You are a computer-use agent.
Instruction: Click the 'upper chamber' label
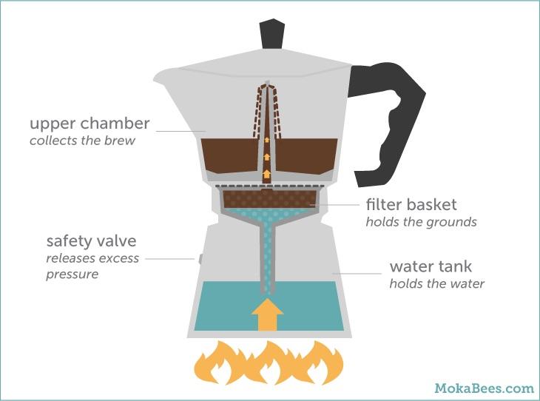90,123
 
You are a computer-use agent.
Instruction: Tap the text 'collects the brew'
82,140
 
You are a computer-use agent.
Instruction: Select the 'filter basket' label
411,203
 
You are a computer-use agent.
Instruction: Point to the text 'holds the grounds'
421,220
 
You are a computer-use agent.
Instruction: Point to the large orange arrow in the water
267,314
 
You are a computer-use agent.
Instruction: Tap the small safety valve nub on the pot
200,258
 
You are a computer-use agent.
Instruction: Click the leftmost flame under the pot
215,363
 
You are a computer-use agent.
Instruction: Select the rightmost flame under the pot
323,363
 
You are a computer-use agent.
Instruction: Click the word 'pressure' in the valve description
72,274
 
